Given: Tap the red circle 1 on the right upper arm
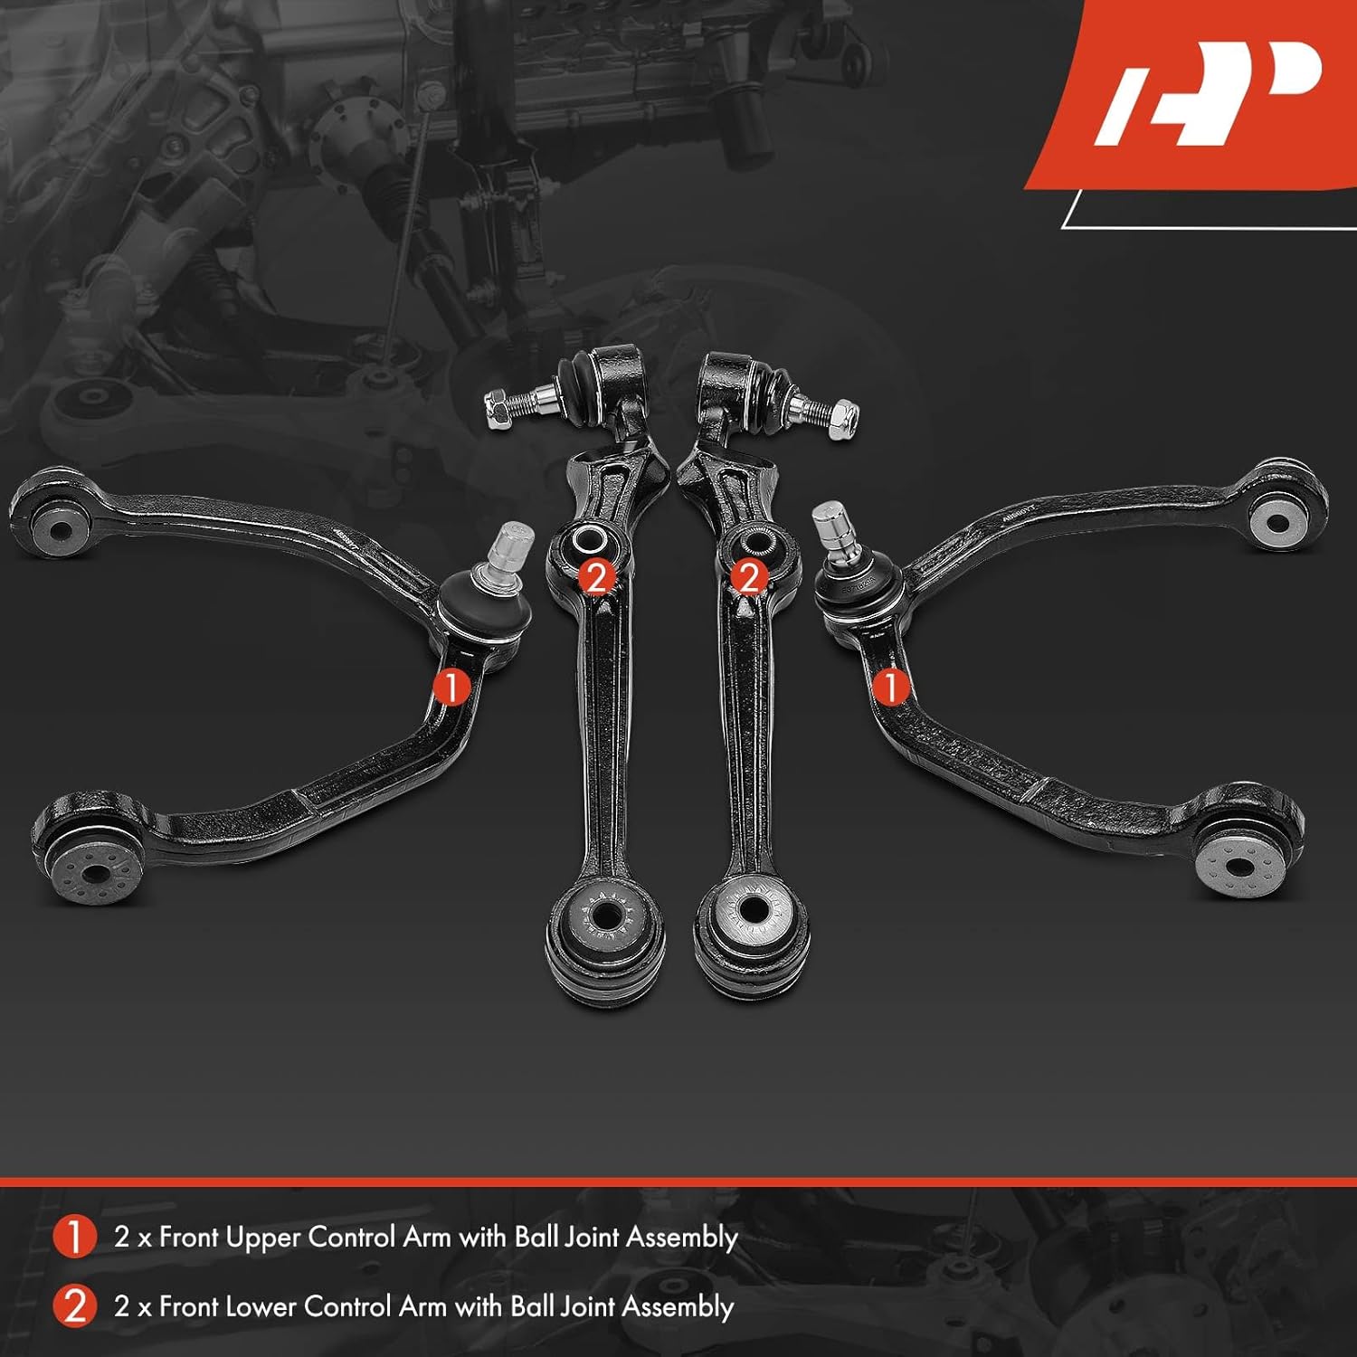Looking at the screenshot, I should click(890, 687).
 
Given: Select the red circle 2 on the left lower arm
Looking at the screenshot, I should click(595, 576).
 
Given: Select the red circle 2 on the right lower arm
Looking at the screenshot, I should click(748, 576).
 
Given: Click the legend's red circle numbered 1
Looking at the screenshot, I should click(74, 1237).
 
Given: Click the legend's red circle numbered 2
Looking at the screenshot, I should click(74, 1306).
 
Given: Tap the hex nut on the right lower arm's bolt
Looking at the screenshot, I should click(842, 415).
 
